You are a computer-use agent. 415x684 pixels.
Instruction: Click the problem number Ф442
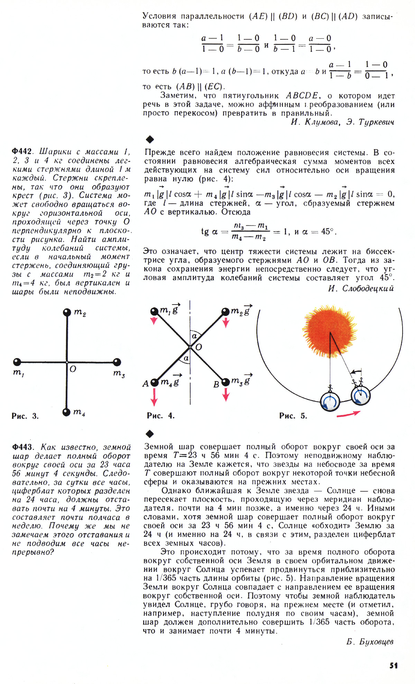pyautogui.click(x=22, y=152)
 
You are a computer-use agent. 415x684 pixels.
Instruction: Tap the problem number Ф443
pyautogui.click(x=22, y=447)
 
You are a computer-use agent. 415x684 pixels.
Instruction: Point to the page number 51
pyautogui.click(x=393, y=665)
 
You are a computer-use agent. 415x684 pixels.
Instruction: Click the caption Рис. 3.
pyautogui.click(x=25, y=416)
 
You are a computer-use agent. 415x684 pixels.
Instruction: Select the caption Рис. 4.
pyautogui.click(x=160, y=416)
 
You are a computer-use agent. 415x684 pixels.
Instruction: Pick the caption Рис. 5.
pyautogui.click(x=293, y=416)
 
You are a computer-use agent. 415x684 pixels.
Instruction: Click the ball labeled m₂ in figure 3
pyautogui.click(x=67, y=312)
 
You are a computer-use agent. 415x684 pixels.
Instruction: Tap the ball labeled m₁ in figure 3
pyautogui.click(x=17, y=362)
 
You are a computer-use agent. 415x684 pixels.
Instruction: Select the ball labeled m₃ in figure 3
pyautogui.click(x=117, y=362)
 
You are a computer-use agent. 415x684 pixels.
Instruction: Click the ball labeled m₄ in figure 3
pyautogui.click(x=66, y=412)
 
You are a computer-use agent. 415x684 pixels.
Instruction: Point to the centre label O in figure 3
pyautogui.click(x=73, y=369)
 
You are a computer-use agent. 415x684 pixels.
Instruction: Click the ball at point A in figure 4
pyautogui.click(x=155, y=382)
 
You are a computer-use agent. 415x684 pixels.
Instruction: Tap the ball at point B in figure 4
pyautogui.click(x=225, y=382)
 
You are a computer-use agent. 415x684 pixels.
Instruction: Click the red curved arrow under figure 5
pyautogui.click(x=348, y=414)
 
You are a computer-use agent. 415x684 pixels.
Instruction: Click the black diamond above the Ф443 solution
pyautogui.click(x=150, y=434)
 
